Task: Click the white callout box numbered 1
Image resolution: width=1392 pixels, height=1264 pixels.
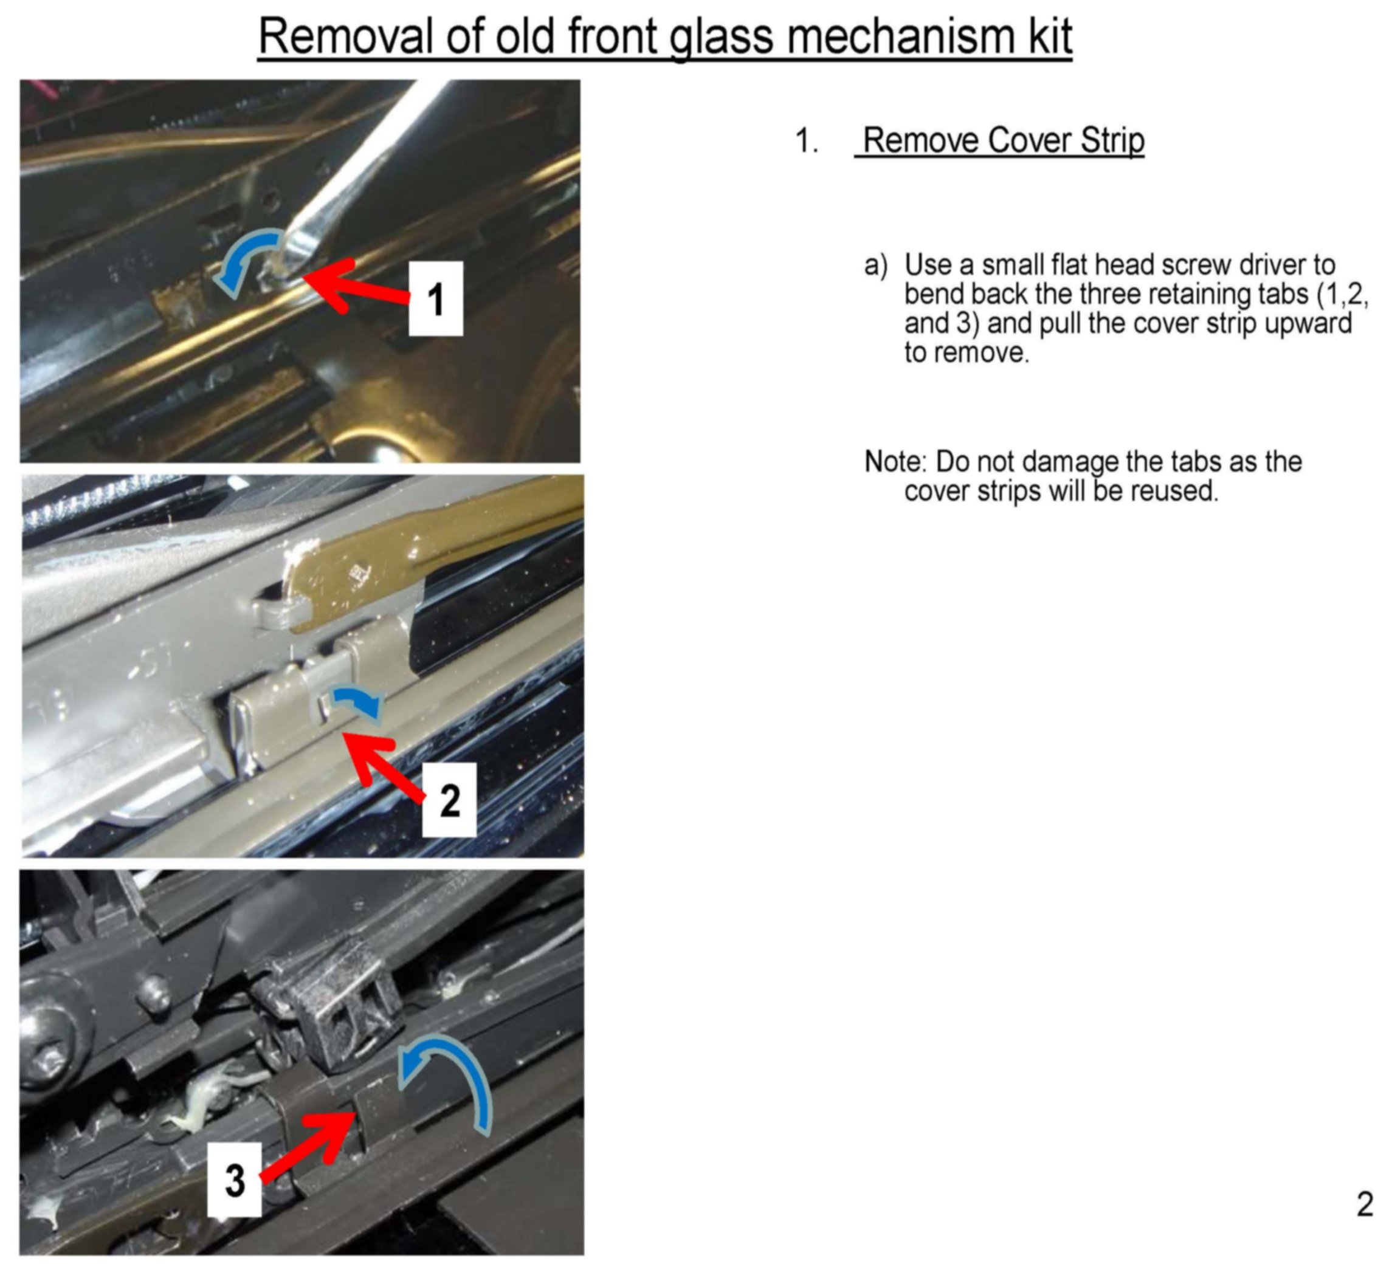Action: [436, 299]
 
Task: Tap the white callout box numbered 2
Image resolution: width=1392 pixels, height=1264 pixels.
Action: [449, 800]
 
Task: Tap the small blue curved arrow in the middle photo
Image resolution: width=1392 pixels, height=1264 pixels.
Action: [357, 704]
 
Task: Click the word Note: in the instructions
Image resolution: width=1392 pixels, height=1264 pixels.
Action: [895, 462]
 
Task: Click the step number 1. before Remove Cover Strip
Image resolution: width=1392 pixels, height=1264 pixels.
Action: [807, 141]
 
